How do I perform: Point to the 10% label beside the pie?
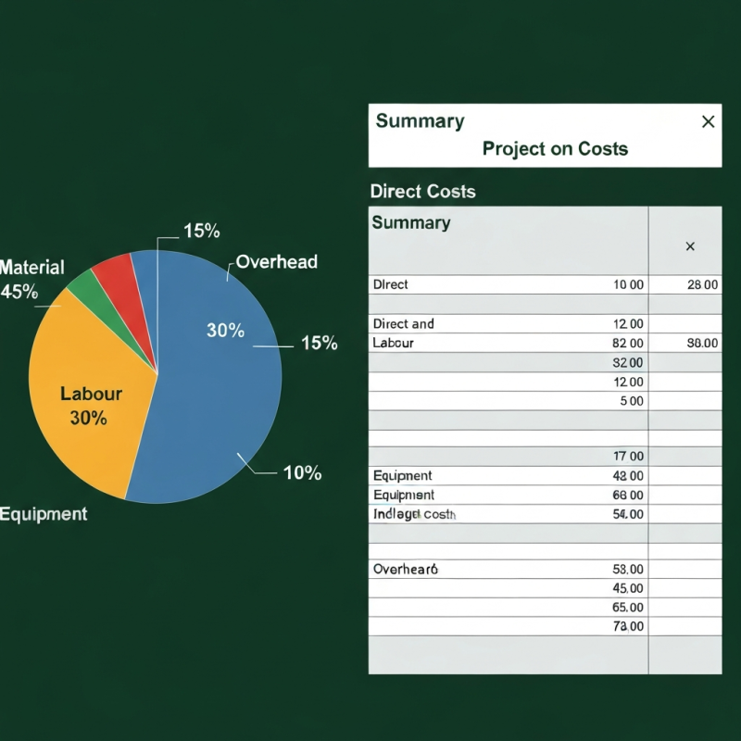click(302, 473)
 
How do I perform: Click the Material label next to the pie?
click(32, 268)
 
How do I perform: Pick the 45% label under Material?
click(19, 292)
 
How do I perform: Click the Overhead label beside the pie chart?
click(276, 262)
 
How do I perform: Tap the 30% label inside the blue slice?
click(225, 331)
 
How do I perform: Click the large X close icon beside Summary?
click(708, 121)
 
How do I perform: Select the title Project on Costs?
click(555, 149)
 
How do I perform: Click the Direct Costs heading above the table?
click(422, 192)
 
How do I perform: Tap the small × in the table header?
click(689, 246)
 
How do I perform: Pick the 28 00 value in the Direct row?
click(702, 285)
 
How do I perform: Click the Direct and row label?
click(403, 324)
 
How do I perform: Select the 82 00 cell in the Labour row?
click(628, 344)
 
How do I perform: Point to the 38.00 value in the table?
click(702, 344)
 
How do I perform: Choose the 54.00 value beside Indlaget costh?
click(628, 514)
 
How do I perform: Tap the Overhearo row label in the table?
click(405, 570)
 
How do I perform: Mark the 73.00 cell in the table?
click(628, 627)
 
